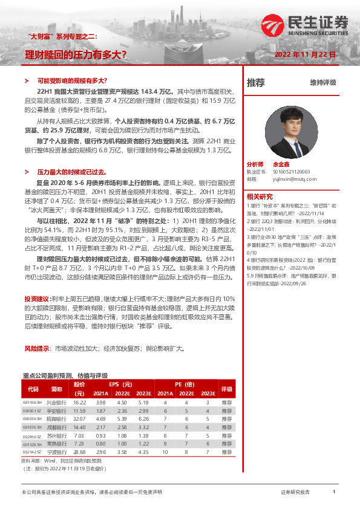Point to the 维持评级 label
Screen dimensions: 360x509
[x=322, y=82]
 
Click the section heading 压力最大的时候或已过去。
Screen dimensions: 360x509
[x=76, y=172]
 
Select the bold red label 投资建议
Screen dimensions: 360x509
[x=34, y=299]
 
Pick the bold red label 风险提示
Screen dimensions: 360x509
[x=34, y=349]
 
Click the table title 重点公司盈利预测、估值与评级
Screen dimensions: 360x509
[x=68, y=375]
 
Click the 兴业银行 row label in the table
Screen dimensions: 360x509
[x=57, y=402]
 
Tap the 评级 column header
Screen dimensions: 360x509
[x=227, y=389]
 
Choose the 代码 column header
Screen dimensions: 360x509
[x=33, y=389]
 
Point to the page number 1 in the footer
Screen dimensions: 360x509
[x=334, y=492]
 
